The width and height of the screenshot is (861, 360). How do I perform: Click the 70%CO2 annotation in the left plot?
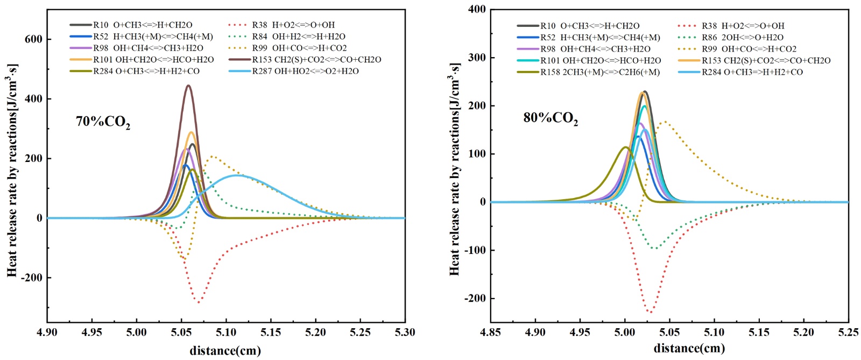point(103,122)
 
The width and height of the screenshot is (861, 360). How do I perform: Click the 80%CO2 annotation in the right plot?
point(551,118)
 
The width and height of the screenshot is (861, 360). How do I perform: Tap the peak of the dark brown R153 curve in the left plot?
point(188,86)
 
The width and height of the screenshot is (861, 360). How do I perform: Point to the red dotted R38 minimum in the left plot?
point(199,302)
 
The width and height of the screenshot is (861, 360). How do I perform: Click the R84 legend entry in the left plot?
point(299,37)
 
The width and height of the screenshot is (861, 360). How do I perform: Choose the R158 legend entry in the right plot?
point(599,72)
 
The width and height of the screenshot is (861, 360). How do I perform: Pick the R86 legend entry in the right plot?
point(742,38)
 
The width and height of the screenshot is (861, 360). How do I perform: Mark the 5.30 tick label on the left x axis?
point(405,332)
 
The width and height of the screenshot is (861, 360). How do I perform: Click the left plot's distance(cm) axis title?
point(225,351)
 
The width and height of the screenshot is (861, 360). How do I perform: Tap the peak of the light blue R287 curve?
point(236,175)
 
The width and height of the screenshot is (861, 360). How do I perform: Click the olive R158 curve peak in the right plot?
point(625,147)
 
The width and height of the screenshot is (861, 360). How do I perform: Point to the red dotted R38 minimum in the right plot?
point(650,312)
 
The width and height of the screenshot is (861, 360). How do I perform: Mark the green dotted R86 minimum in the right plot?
point(654,248)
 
